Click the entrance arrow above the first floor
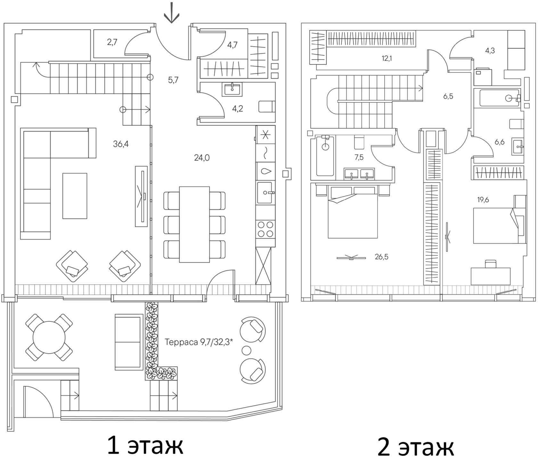[x=172, y=13]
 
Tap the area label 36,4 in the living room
[x=121, y=144]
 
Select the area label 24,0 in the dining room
[x=202, y=158]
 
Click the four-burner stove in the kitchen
[x=266, y=229]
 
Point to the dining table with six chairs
[x=194, y=225]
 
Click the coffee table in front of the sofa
[x=75, y=196]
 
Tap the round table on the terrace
[x=49, y=337]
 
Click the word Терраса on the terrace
[x=182, y=342]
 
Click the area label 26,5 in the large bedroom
[x=382, y=257]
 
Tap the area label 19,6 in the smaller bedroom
[x=483, y=200]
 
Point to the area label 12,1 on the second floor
[x=387, y=58]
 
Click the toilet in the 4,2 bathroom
[x=267, y=106]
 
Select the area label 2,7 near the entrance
[x=112, y=42]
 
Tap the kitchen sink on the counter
[x=265, y=193]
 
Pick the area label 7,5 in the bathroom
[x=359, y=157]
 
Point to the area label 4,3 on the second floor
[x=490, y=51]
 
